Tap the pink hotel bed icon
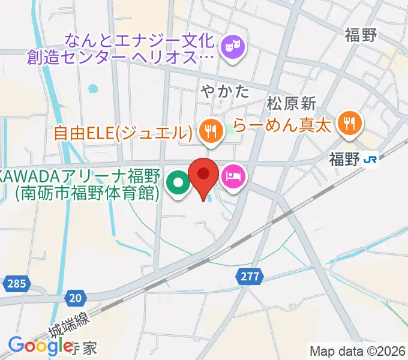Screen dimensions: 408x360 pyautogui.click(x=233, y=176)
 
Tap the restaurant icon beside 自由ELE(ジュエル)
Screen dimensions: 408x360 pyautogui.click(x=209, y=131)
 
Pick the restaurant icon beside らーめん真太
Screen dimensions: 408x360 pyautogui.click(x=349, y=124)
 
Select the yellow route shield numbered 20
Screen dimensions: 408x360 pyautogui.click(x=75, y=297)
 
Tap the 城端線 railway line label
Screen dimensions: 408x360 pyautogui.click(x=70, y=325)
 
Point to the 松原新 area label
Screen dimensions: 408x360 pyautogui.click(x=291, y=103)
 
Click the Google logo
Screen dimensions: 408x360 pyautogui.click(x=41, y=346)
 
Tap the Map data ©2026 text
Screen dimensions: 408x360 pyautogui.click(x=358, y=351)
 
